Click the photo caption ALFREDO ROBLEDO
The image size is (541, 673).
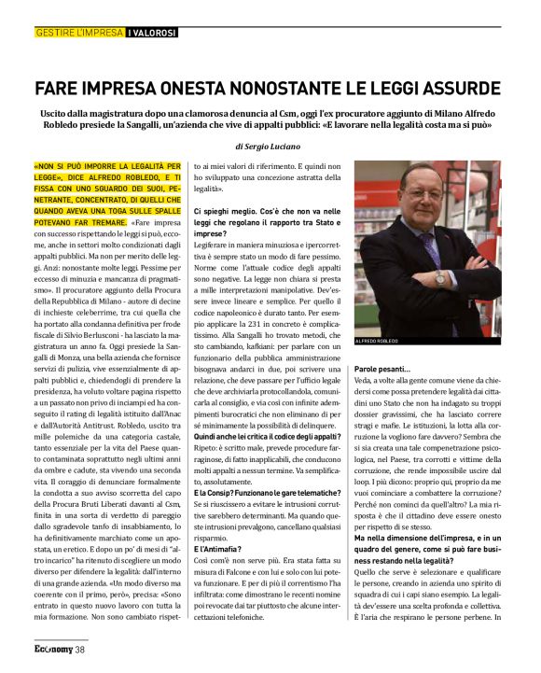pyautogui.click(x=376, y=342)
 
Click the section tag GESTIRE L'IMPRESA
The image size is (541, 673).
pyautogui.click(x=79, y=33)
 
